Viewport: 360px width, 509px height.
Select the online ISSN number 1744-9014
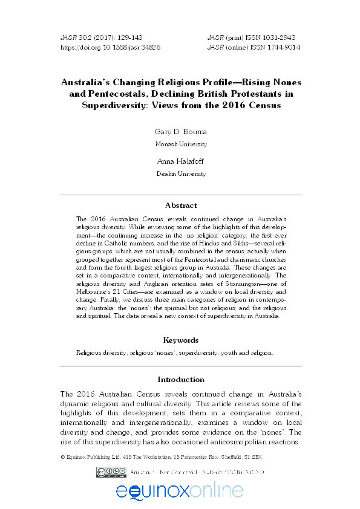click(x=280, y=47)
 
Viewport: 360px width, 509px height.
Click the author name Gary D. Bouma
click(x=180, y=131)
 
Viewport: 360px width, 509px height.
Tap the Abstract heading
click(x=180, y=206)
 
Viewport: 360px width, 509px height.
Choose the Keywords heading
click(x=180, y=340)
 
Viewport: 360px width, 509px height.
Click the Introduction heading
click(x=180, y=380)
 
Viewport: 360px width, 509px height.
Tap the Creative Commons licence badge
click(x=109, y=472)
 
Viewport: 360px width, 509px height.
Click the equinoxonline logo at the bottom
click(x=180, y=491)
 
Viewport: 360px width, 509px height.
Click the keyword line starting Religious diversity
click(x=174, y=352)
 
